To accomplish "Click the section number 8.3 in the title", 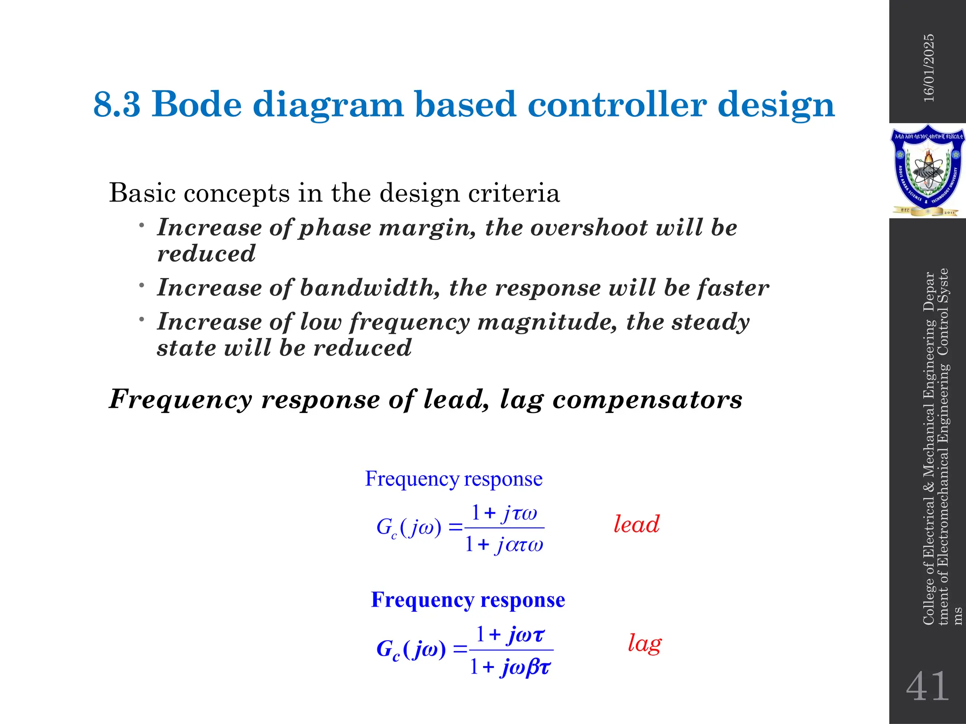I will (x=117, y=104).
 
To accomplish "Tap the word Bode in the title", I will (x=198, y=104).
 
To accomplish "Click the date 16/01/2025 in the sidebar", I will (x=928, y=68).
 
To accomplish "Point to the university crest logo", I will (x=927, y=171).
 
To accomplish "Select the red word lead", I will (x=636, y=524).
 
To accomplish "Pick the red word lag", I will (x=644, y=643).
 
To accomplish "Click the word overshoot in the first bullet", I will (x=589, y=228).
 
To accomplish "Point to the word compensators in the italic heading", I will (x=647, y=399).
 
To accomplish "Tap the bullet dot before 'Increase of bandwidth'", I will (x=141, y=285).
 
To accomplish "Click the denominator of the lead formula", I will (x=504, y=545).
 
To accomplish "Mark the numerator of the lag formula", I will (x=510, y=634).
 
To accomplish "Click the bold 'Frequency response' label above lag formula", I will (x=468, y=600).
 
